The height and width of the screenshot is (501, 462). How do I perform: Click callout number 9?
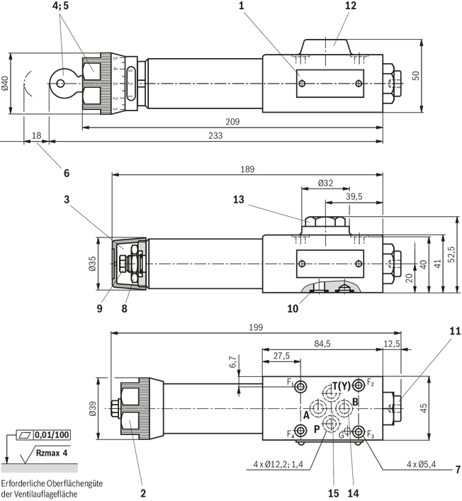tap(99, 308)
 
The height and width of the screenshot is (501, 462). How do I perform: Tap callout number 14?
tap(355, 491)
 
